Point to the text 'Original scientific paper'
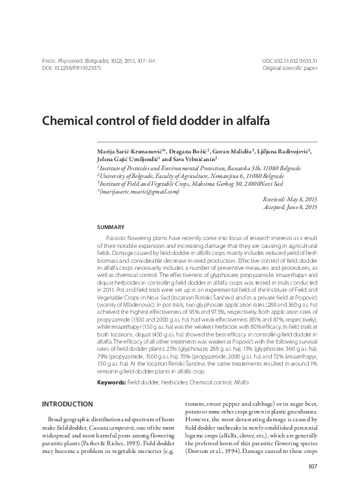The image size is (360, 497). tap(289, 67)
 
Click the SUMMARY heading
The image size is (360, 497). tap(110, 228)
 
